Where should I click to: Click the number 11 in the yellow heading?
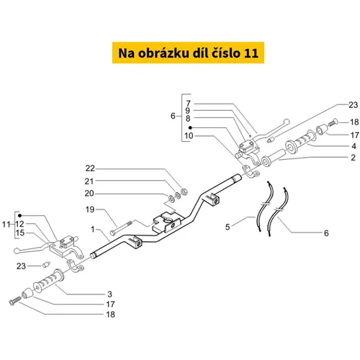click(x=251, y=53)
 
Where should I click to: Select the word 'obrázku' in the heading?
click(x=163, y=53)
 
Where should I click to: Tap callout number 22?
click(x=90, y=168)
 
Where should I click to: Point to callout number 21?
click(x=89, y=181)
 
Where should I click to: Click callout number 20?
click(x=89, y=193)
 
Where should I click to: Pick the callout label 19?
click(x=90, y=210)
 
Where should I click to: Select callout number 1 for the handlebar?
click(x=93, y=230)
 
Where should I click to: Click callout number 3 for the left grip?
click(x=109, y=294)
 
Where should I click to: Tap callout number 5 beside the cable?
click(x=228, y=227)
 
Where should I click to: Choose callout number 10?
click(x=189, y=135)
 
